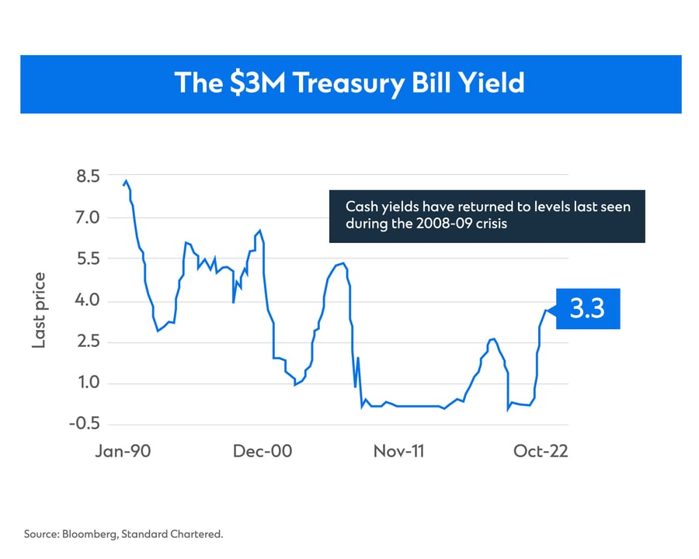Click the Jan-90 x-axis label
(123, 451)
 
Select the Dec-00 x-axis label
(263, 451)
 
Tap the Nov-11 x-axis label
(399, 451)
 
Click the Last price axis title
(39, 311)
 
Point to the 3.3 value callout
(587, 309)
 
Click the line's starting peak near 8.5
(126, 182)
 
